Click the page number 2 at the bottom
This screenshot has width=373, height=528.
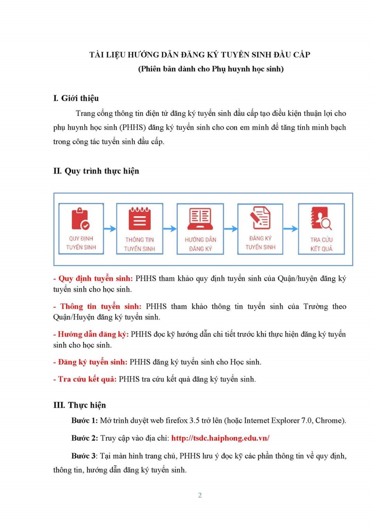click(x=200, y=495)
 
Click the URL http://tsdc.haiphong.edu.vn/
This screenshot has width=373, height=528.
click(x=220, y=438)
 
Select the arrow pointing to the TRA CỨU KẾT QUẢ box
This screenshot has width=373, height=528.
click(x=291, y=229)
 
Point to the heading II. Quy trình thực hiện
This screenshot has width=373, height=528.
click(x=96, y=171)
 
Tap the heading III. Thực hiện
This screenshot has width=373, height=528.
click(x=80, y=405)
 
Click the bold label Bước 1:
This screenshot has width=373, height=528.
click(x=85, y=421)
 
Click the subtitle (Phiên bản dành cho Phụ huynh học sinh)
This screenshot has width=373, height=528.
click(x=211, y=69)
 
